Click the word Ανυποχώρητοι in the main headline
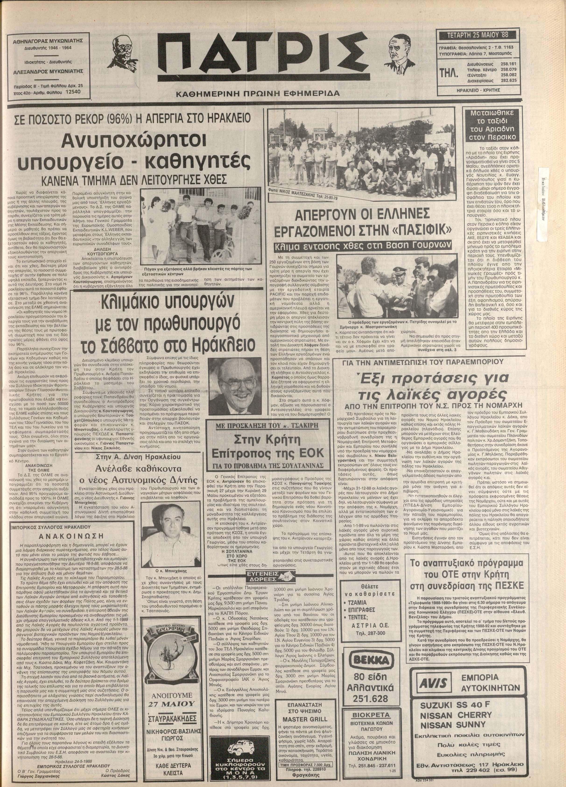pyautogui.click(x=133, y=141)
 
